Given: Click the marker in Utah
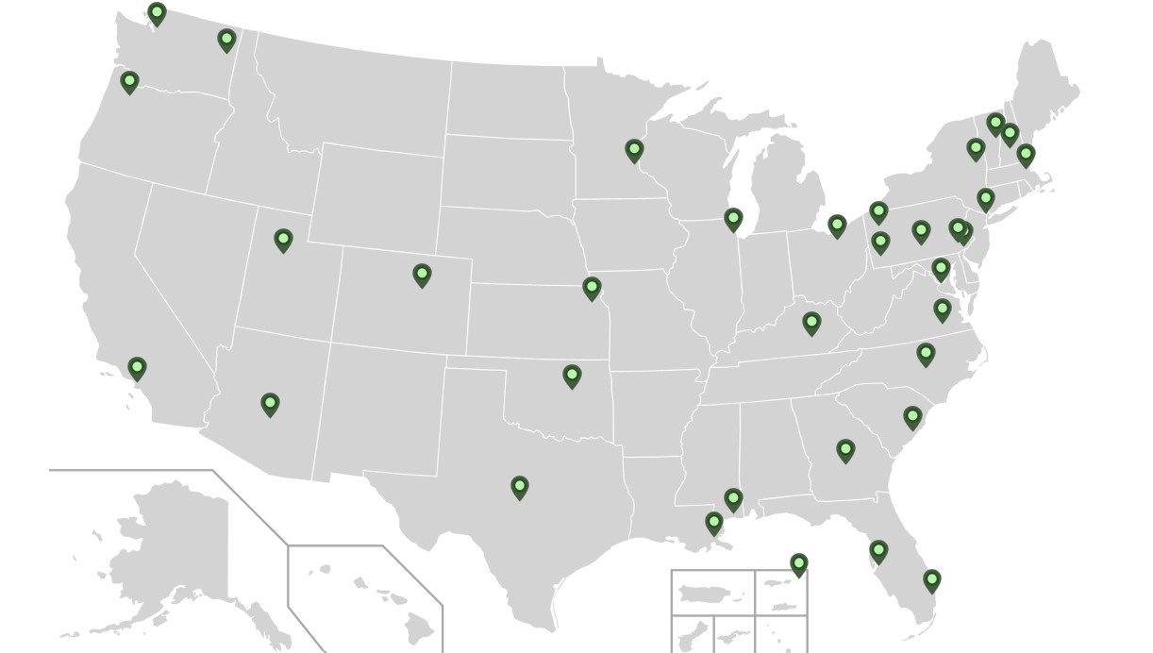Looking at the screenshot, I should click(283, 240).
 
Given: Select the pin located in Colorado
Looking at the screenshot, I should click(422, 275).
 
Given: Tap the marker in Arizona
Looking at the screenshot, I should click(270, 405).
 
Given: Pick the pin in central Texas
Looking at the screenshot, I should click(519, 487).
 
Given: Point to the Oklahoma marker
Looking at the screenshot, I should click(572, 376).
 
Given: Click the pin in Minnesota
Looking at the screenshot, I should click(634, 150).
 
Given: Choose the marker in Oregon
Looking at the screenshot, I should click(129, 82).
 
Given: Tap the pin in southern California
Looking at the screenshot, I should click(137, 367).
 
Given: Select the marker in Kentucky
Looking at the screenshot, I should click(811, 323).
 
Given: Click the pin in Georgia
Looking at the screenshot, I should click(845, 450).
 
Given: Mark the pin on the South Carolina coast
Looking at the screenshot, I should click(912, 416).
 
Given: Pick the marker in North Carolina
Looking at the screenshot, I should click(926, 354).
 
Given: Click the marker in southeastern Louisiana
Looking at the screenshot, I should click(714, 522).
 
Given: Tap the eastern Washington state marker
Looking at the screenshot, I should click(226, 40).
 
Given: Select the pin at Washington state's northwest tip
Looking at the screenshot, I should click(158, 13).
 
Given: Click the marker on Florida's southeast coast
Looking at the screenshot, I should click(932, 579).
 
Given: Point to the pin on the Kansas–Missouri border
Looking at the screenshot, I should click(592, 287).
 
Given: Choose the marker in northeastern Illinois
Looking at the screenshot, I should click(733, 219).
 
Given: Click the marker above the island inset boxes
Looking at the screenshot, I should click(799, 564).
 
